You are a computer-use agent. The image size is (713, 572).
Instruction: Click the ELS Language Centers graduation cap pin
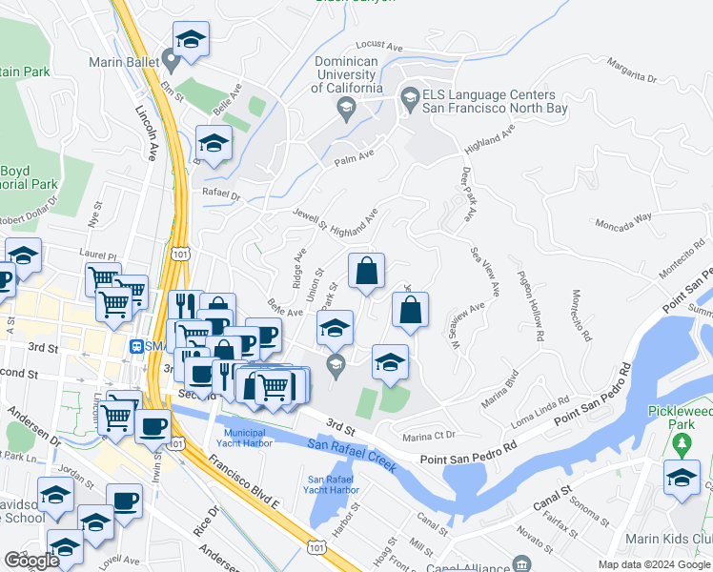click(409, 96)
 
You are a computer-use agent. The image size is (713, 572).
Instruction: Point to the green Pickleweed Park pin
click(681, 443)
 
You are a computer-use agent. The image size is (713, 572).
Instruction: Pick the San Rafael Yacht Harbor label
click(334, 483)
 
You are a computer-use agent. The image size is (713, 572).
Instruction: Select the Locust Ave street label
click(375, 45)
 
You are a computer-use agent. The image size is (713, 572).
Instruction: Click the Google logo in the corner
click(31, 561)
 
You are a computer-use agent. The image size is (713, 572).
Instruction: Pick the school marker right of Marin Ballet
click(191, 40)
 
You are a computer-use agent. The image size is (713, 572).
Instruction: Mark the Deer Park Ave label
click(467, 194)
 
